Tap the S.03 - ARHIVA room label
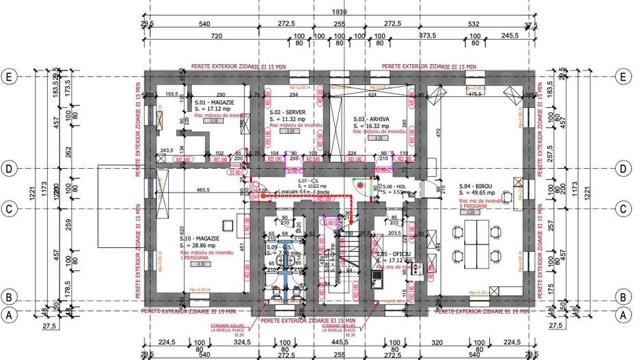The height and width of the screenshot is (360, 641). (371, 118)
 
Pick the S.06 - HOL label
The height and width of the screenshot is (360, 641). (394, 186)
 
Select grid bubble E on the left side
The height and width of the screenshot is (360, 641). (10, 77)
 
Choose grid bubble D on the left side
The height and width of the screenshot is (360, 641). (10, 168)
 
